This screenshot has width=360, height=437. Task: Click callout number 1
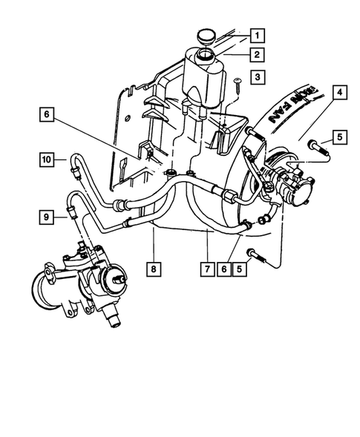[x=256, y=34]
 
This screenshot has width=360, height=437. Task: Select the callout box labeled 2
[x=256, y=54]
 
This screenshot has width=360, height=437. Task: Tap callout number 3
[x=256, y=76]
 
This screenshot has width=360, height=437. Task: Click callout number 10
[x=46, y=159]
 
